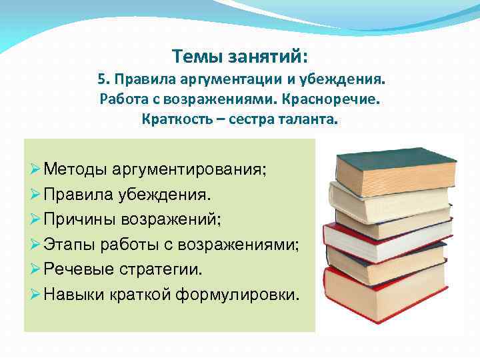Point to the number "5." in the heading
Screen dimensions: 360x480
104,80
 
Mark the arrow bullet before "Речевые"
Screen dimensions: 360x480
35,269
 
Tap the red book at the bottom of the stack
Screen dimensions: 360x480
384,293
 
